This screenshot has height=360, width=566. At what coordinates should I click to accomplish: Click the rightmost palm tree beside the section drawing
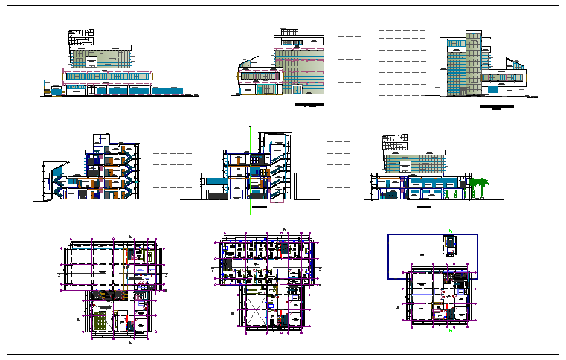coord(485,187)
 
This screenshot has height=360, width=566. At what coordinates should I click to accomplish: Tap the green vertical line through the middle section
coord(251,171)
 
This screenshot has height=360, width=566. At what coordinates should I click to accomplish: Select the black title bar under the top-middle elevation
coord(309,106)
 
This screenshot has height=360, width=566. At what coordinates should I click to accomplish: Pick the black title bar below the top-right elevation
coord(496,108)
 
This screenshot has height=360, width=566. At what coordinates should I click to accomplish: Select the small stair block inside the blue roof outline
coord(450,245)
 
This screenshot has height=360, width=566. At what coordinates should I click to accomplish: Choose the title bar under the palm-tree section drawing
coord(423,207)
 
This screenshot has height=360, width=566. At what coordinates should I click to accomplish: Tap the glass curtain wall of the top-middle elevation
coord(301,67)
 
